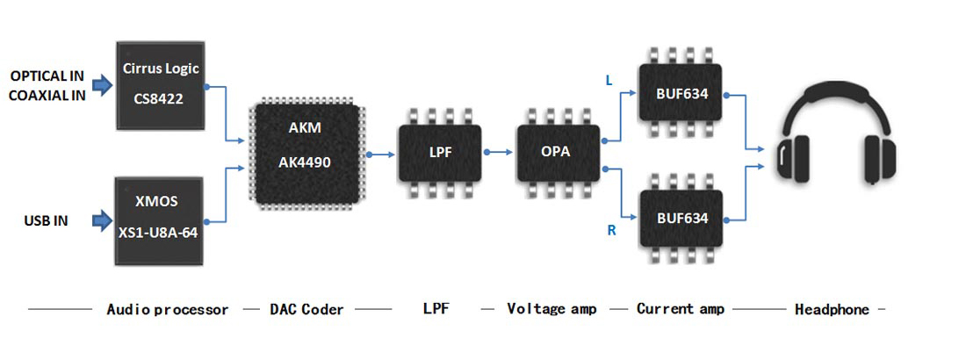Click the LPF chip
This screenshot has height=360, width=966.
[440, 152]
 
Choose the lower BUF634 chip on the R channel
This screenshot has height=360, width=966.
[681, 215]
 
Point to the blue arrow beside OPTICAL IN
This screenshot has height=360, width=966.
[103, 84]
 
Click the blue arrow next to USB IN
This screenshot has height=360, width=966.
[103, 220]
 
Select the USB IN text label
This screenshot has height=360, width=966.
[47, 220]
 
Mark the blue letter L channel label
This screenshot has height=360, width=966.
[610, 81]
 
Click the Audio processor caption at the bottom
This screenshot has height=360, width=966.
[167, 309]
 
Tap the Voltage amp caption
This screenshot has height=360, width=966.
[551, 309]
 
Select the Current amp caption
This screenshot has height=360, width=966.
[681, 309]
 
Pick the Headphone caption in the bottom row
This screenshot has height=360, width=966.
[831, 309]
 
